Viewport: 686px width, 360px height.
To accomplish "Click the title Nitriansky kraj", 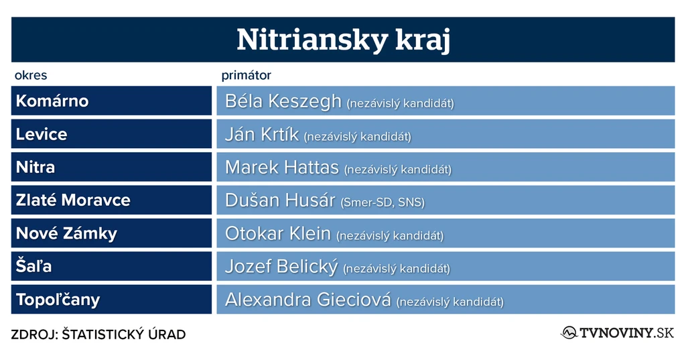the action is (343, 40).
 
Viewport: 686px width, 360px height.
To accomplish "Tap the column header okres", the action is (31, 75).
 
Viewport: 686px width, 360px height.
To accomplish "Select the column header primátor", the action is (246, 75).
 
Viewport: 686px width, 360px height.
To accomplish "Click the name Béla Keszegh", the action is (283, 101).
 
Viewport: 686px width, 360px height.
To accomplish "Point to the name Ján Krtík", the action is (262, 134).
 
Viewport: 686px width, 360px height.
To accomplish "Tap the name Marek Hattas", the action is (282, 168).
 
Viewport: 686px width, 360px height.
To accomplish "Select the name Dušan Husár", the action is (280, 200).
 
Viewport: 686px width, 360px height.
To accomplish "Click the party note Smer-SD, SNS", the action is (383, 202).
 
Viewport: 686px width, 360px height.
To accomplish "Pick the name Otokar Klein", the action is (278, 233).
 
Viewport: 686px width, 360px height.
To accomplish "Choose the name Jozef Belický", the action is (281, 267).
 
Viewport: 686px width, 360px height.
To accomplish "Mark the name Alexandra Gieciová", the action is (308, 300).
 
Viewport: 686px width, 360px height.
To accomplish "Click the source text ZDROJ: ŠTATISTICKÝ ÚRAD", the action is (98, 335).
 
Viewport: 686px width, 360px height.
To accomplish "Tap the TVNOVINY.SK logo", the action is (618, 333).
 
